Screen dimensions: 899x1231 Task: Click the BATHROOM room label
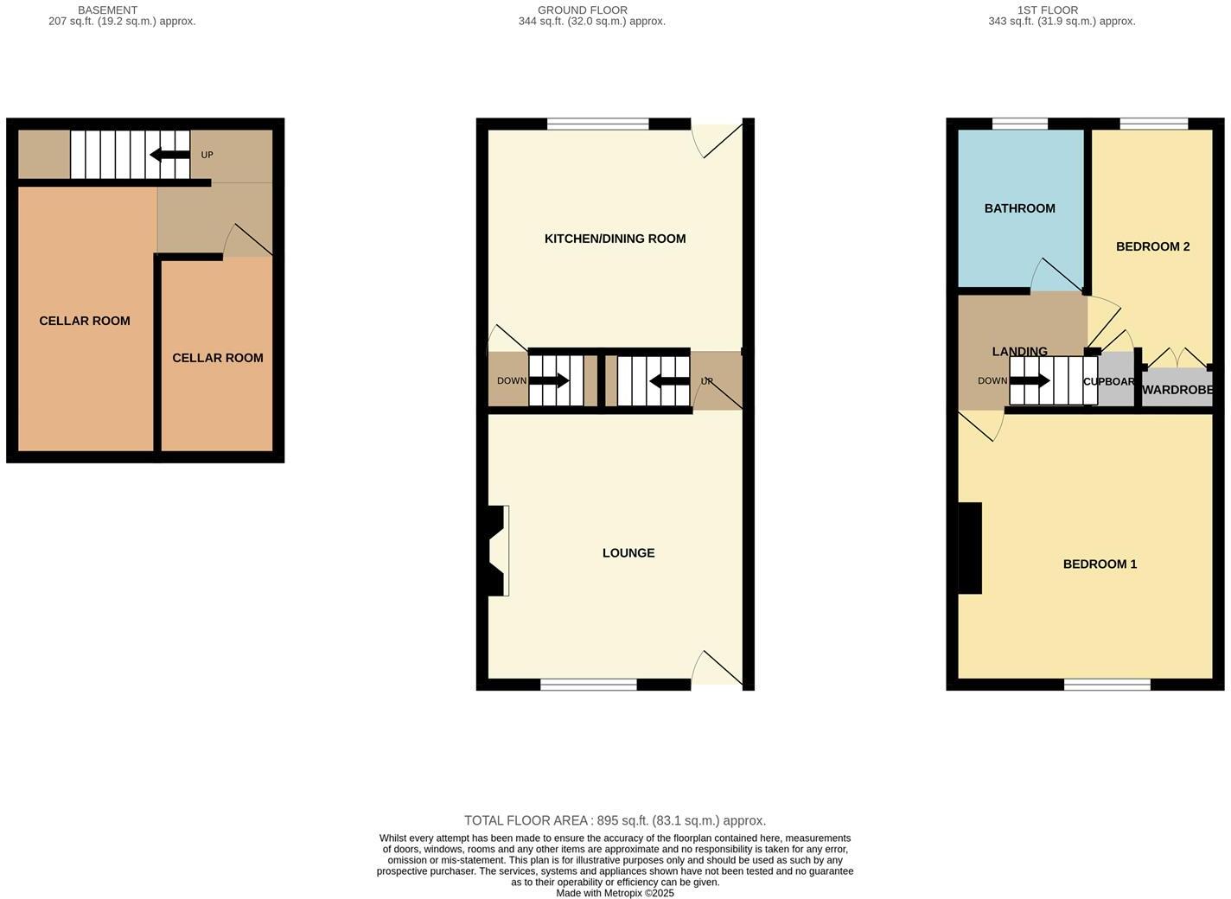(x=1019, y=208)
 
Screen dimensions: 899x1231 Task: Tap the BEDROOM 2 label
(x=1152, y=246)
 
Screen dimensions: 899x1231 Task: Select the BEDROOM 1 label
(x=1100, y=564)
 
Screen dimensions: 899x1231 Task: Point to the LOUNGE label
(x=628, y=553)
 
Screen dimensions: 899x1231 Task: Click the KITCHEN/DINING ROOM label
(x=615, y=239)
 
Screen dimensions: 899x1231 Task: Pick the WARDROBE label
(x=1177, y=390)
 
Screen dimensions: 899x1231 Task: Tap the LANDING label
(x=1020, y=351)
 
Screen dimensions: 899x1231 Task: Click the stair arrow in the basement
(x=169, y=156)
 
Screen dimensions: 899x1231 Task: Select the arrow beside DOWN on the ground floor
(x=549, y=380)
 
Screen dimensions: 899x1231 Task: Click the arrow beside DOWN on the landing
(x=1030, y=380)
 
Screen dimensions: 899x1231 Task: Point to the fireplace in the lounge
(x=496, y=551)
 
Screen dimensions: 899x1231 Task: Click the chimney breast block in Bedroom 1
(x=970, y=548)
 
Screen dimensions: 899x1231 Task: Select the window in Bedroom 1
(x=1107, y=685)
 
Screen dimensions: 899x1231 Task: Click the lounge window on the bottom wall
(x=589, y=685)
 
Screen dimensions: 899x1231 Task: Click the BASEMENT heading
(x=107, y=10)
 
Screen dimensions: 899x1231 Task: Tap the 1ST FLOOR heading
(x=1048, y=10)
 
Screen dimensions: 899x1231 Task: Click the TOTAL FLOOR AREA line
(x=615, y=820)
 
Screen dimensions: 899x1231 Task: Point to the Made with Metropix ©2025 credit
(x=615, y=893)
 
